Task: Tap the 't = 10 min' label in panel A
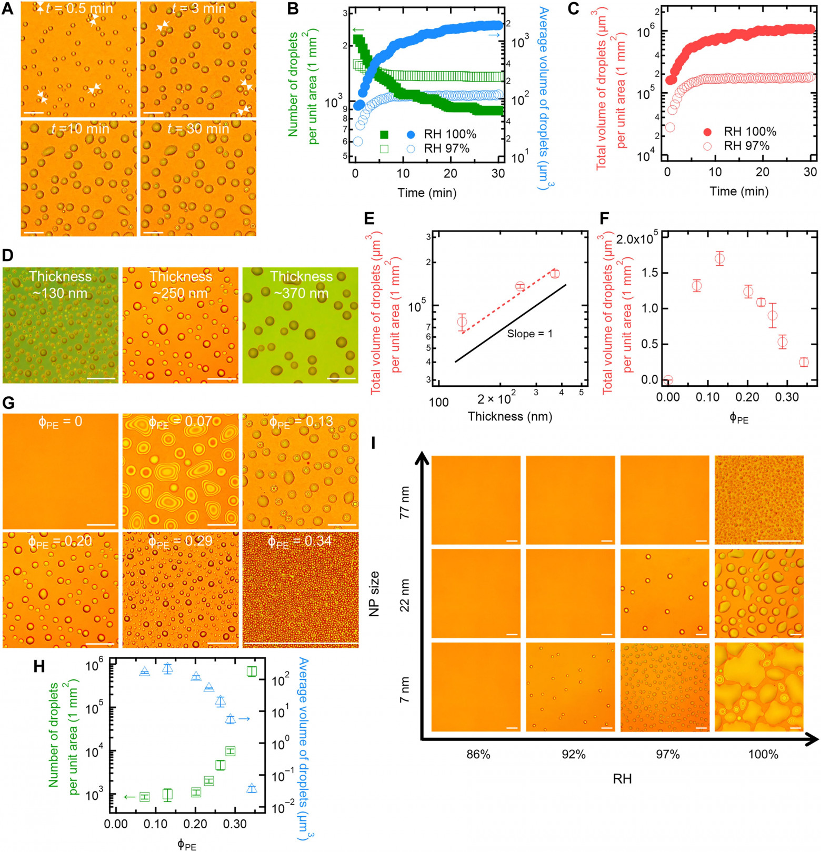coord(80,128)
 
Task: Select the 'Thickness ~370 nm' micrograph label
coord(301,285)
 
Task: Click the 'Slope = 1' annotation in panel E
coord(529,334)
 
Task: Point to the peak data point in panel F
coord(719,258)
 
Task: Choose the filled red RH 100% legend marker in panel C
coord(707,132)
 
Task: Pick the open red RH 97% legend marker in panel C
coord(707,146)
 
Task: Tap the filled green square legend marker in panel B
coord(384,135)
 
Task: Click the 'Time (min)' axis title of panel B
coord(427,193)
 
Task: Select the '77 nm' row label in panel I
coord(405,503)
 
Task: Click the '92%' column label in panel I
coord(573,755)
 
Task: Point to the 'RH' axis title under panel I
coord(622,779)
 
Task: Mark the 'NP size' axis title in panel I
coord(374,594)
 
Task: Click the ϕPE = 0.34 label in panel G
coord(300,542)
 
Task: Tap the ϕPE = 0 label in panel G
coord(60,422)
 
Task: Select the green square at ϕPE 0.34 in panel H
coord(252,671)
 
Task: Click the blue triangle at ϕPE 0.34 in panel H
coord(252,788)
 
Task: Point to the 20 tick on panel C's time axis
coord(763,172)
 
